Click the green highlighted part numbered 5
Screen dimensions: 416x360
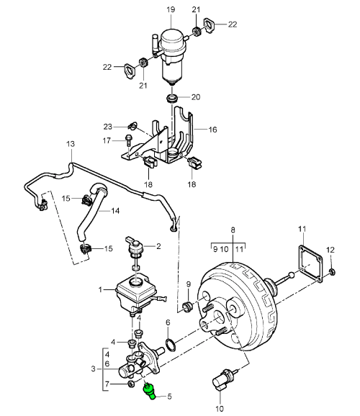point(150,391)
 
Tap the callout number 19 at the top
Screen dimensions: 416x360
point(171,9)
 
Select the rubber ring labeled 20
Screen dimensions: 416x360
point(172,97)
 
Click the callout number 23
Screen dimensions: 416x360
point(108,126)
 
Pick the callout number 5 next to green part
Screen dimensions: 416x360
point(169,395)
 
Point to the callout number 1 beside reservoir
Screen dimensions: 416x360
point(102,291)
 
